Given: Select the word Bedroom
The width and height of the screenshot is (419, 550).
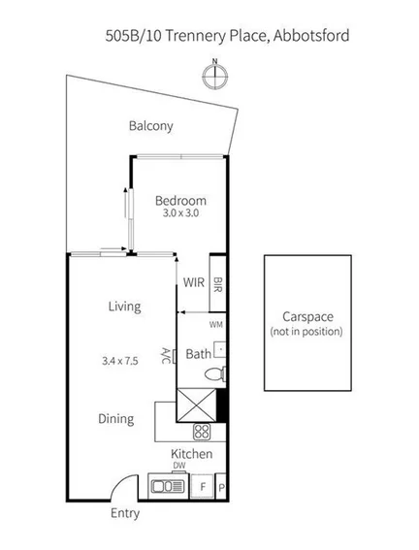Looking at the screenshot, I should click(180, 201).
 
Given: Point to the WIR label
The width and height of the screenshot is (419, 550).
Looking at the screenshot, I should click(194, 282).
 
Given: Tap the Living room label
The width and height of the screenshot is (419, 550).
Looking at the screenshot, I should click(124, 307).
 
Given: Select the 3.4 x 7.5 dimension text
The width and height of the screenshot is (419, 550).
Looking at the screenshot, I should click(119, 360).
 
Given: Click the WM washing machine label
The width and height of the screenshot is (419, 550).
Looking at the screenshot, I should click(216, 324).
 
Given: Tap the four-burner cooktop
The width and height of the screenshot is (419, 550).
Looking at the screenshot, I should click(203, 432).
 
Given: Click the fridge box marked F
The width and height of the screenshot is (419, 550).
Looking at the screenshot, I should click(203, 485).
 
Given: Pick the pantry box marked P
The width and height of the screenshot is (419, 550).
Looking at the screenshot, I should click(221, 486).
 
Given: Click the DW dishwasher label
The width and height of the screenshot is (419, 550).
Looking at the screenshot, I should click(178, 466).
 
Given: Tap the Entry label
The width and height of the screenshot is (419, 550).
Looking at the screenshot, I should click(124, 514).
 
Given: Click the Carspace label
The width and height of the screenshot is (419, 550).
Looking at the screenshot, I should click(307, 317).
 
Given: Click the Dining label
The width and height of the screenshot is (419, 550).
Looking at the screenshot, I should click(115, 419).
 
